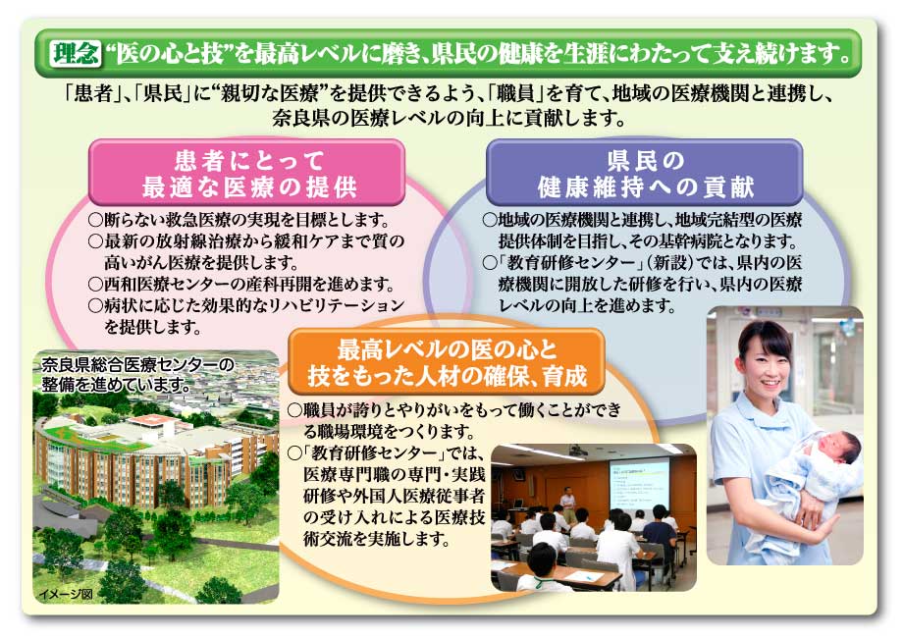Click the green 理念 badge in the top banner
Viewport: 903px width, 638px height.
point(75,53)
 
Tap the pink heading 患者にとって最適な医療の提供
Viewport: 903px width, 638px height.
point(248,174)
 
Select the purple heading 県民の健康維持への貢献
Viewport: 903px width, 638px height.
point(645,174)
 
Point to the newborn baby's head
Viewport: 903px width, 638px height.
point(838,448)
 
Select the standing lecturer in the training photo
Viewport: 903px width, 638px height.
point(567,501)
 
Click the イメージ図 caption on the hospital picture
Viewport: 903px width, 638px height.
point(65,594)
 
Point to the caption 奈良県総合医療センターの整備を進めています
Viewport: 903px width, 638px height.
point(137,374)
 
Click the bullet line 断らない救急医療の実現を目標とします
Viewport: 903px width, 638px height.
point(239,220)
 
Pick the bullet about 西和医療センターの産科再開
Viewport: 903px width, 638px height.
point(241,284)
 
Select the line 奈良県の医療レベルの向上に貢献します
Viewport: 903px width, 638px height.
point(449,118)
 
